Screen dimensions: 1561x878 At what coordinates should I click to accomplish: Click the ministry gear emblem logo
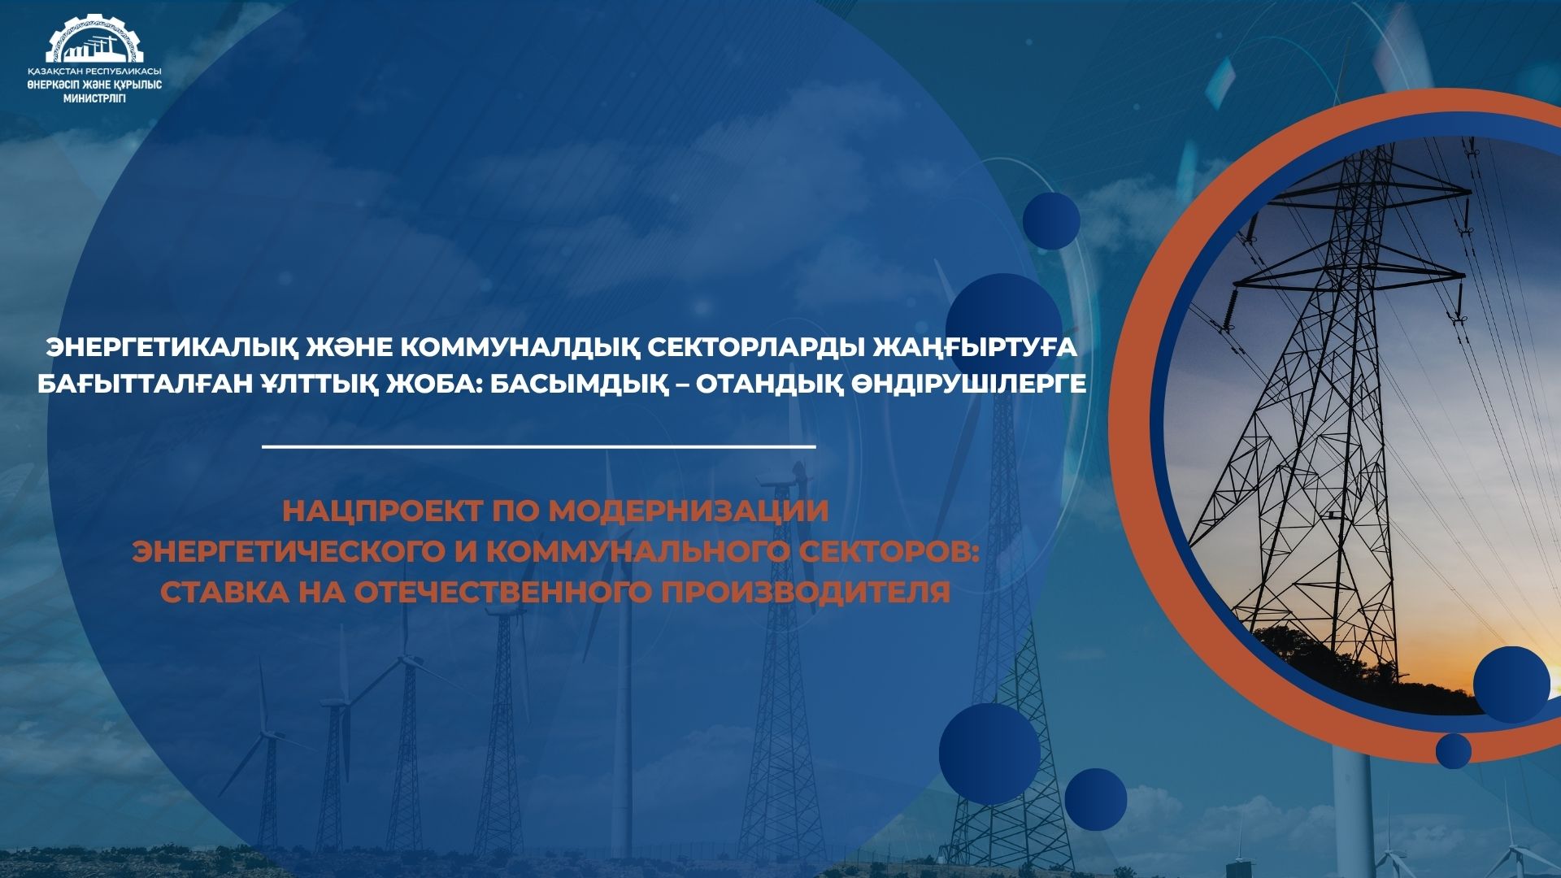point(94,38)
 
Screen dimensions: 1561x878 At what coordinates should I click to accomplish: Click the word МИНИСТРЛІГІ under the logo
point(94,98)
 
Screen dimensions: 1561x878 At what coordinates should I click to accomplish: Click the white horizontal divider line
point(539,446)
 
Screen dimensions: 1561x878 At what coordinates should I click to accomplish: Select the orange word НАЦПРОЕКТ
point(382,511)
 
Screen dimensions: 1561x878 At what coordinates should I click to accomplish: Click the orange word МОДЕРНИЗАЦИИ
point(689,511)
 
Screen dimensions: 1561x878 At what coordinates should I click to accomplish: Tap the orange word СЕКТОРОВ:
point(890,551)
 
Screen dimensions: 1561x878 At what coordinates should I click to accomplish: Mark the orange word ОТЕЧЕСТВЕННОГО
point(502,592)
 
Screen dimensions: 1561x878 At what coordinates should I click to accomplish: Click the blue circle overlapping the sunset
point(1511,685)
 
